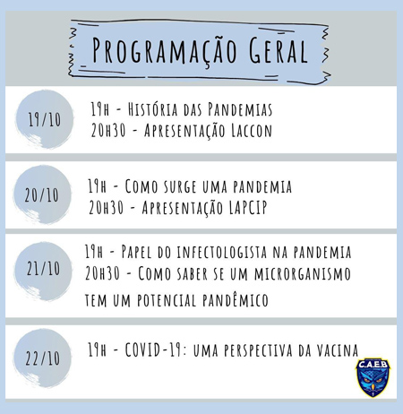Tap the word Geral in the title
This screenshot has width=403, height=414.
coord(270,48)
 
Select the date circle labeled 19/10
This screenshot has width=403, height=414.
coord(44,119)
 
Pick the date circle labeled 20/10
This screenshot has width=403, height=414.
coord(44,194)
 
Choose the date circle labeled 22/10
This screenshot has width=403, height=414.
coord(44,358)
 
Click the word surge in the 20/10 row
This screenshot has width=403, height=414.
coord(184,186)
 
